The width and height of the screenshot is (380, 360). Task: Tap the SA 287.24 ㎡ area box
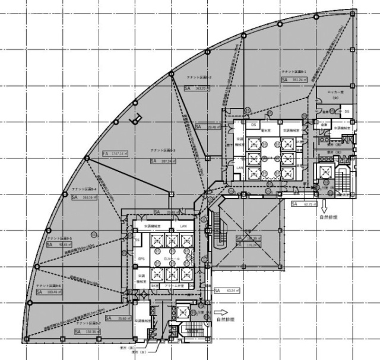coord(164,161)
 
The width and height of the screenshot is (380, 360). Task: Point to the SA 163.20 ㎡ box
coord(198,88)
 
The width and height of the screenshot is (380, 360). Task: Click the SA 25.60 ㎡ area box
coord(119,318)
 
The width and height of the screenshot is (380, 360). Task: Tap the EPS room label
coord(142,259)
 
